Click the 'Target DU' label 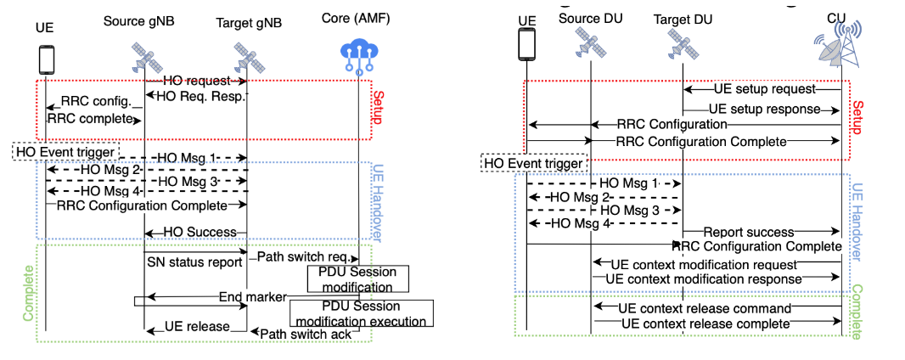(682, 19)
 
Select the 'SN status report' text (194, 262)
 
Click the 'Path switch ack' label (295, 333)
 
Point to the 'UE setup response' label (764, 109)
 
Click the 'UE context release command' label (705, 307)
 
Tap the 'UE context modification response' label (705, 278)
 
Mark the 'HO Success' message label (194, 232)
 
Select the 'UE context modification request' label (704, 264)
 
